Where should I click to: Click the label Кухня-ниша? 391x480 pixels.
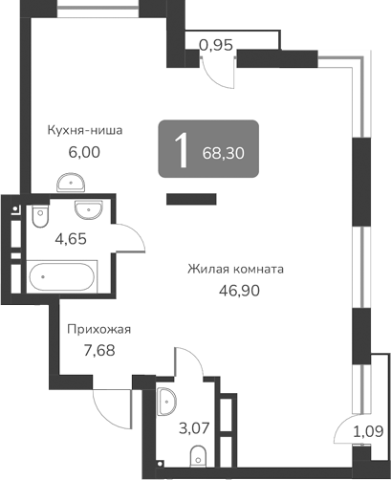click(86, 131)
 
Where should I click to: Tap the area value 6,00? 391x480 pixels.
click(84, 151)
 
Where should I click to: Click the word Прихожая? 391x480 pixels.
click(98, 330)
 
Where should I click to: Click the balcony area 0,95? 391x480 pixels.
click(216, 43)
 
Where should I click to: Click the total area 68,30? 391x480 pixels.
click(225, 150)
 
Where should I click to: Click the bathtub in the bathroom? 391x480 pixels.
click(62, 278)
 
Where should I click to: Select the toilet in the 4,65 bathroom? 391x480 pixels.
click(38, 219)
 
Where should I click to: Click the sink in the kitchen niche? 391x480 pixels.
click(70, 183)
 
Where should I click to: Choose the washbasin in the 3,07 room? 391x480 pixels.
click(165, 399)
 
